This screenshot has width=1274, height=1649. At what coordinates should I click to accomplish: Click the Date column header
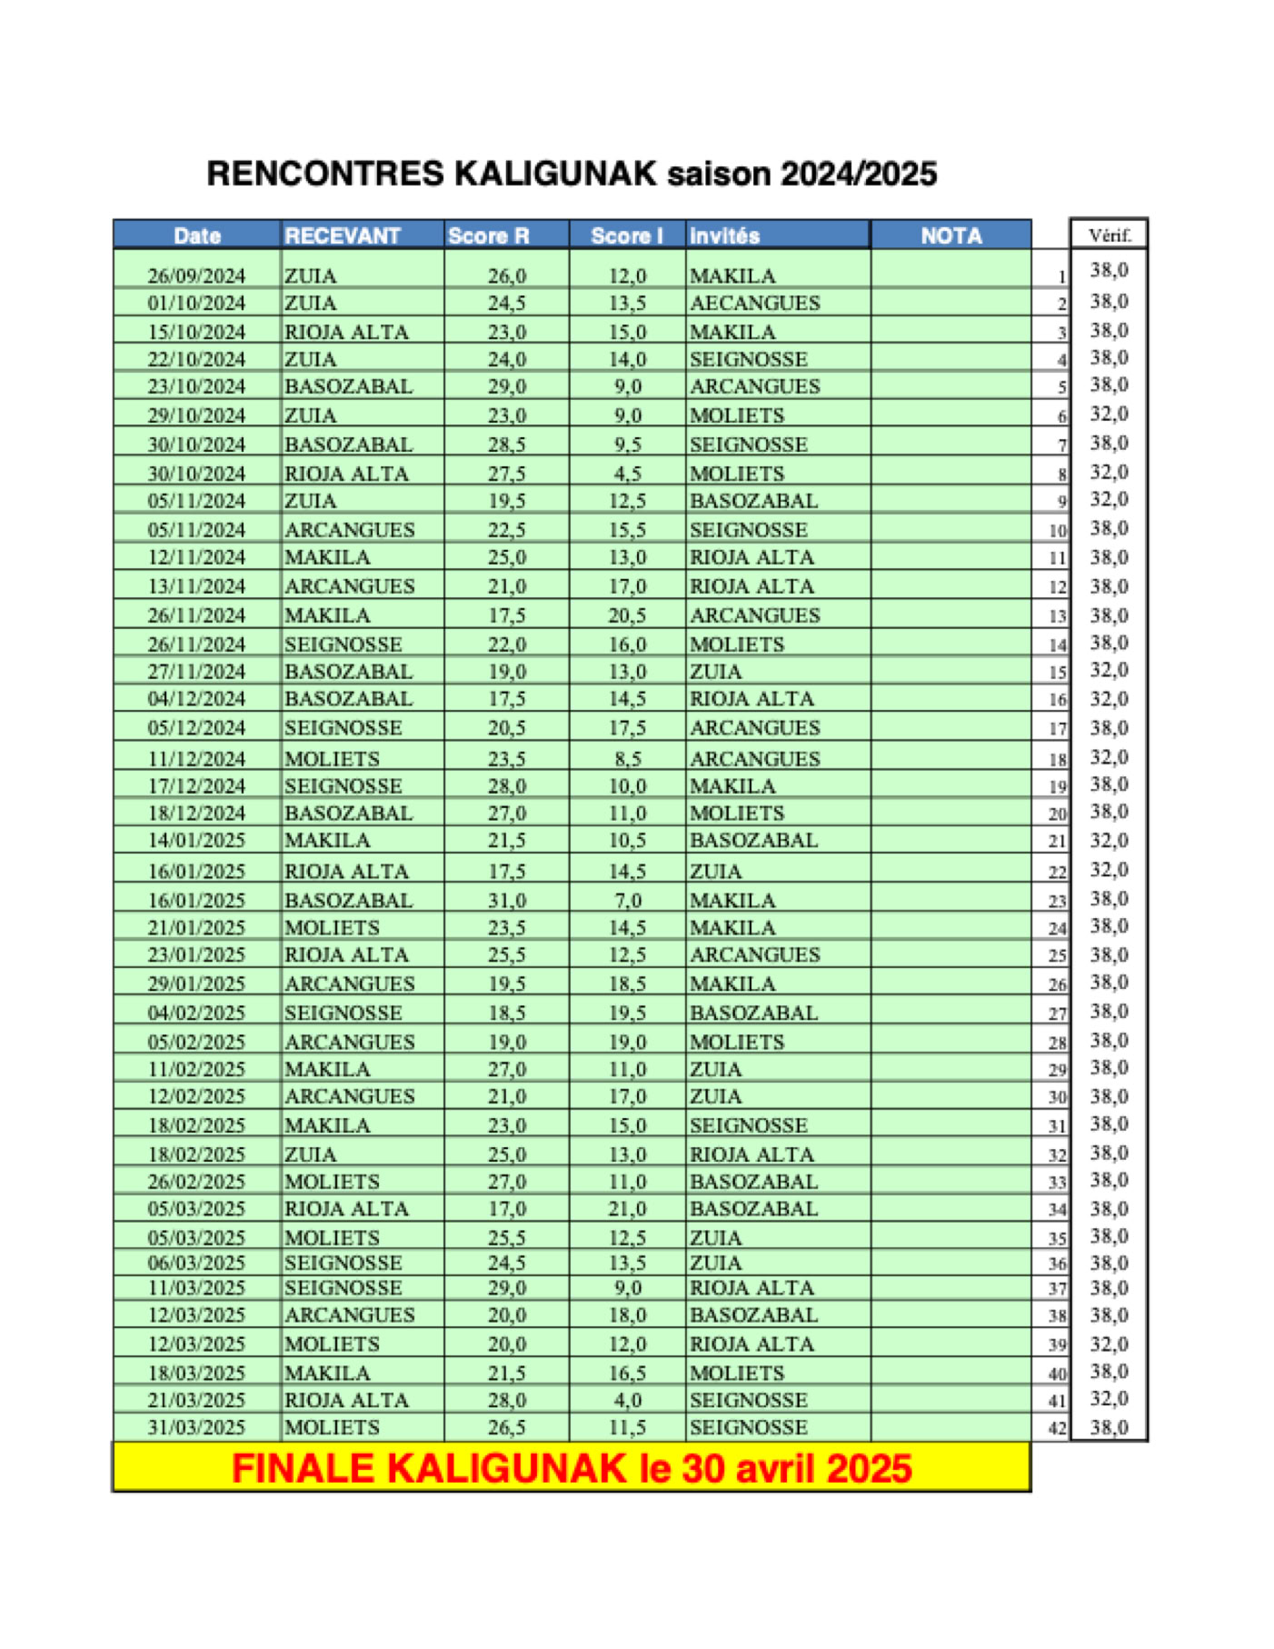click(197, 235)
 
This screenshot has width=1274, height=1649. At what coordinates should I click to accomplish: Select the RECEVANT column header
click(343, 235)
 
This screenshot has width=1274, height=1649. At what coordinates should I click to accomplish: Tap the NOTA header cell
click(951, 235)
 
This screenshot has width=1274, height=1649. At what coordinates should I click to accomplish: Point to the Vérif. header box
click(1109, 235)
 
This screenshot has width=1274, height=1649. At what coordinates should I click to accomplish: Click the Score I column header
click(626, 235)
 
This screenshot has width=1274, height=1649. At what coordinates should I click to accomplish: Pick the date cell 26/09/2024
click(196, 275)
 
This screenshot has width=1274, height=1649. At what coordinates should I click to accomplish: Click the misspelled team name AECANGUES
click(754, 303)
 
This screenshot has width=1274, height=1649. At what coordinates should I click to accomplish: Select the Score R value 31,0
click(506, 900)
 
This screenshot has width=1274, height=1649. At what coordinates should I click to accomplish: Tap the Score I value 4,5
click(627, 474)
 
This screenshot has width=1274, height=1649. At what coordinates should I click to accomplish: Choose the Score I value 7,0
click(627, 900)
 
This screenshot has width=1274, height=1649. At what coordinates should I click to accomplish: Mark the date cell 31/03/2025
click(196, 1427)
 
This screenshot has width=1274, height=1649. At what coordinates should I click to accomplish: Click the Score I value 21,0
click(627, 1209)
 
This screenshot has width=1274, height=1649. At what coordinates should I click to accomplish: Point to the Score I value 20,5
click(627, 615)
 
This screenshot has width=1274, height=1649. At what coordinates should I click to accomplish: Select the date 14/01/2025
click(196, 840)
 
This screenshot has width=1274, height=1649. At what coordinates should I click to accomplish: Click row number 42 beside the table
click(1057, 1428)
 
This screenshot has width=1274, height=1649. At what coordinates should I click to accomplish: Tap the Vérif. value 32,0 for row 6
click(1109, 415)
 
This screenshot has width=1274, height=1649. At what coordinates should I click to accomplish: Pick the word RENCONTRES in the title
click(325, 174)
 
